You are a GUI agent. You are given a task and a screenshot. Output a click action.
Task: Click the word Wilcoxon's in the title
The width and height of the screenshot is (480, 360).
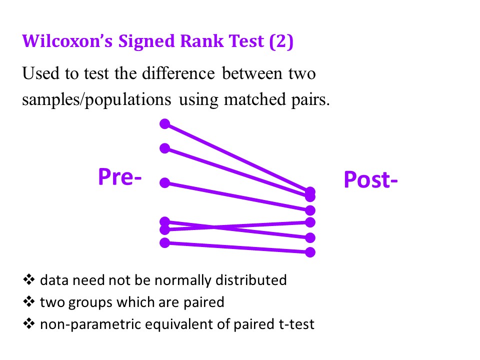67,41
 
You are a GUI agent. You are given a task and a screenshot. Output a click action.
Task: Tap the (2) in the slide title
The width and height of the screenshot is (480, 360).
281,41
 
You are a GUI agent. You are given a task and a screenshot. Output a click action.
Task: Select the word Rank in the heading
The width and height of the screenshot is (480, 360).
202,41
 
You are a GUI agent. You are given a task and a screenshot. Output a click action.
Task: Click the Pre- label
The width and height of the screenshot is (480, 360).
119,177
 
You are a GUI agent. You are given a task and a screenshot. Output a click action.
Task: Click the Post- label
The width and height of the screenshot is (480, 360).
370,179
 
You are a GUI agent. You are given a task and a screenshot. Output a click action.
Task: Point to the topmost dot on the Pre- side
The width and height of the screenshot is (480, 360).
164,124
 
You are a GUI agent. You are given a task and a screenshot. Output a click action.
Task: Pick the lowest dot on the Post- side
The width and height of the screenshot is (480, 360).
310,252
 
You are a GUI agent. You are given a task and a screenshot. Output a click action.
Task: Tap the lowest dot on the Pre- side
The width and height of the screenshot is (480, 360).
164,243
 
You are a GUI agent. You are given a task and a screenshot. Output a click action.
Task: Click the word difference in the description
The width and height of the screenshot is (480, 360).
178,73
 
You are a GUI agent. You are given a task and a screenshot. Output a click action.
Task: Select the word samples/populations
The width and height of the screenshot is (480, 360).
96,99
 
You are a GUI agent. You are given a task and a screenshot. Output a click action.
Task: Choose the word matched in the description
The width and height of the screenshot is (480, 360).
254,99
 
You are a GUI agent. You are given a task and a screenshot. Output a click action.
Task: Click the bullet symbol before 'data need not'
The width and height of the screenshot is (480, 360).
29,279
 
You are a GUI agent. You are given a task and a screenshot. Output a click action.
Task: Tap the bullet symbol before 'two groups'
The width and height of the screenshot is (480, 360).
29,301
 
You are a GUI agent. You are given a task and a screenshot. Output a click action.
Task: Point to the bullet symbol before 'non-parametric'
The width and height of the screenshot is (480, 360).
29,323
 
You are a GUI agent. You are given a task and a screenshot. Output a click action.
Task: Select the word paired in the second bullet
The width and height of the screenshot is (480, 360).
204,303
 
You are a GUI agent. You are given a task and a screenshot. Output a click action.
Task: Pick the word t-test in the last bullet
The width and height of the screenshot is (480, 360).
296,324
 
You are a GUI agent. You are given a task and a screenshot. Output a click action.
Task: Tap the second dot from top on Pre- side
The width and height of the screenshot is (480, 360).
164,148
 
